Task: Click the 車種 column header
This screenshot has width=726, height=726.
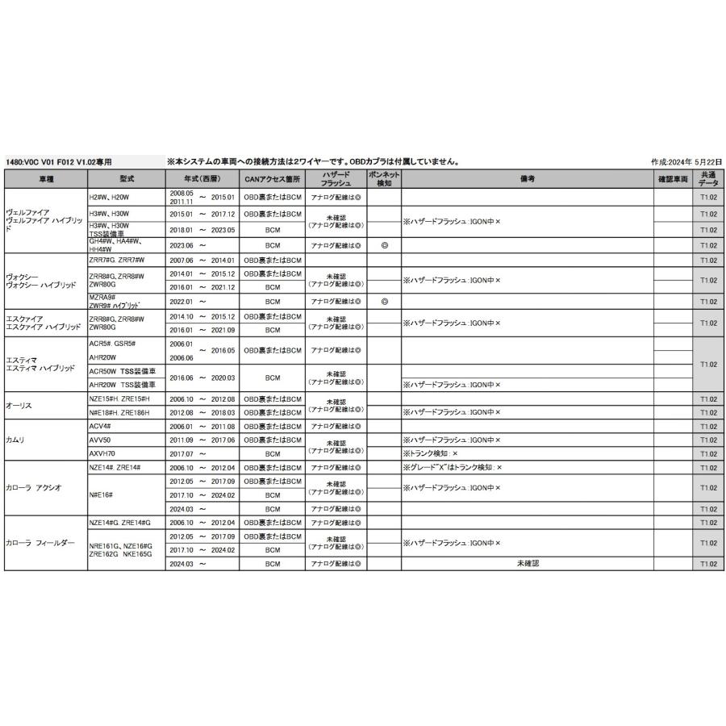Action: (x=45, y=179)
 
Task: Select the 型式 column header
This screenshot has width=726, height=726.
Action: (x=126, y=179)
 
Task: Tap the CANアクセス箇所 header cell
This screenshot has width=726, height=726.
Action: (x=272, y=179)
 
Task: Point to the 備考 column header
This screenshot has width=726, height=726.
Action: (x=527, y=179)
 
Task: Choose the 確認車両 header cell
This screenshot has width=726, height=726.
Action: (x=672, y=179)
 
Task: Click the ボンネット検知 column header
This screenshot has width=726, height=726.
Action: (x=384, y=179)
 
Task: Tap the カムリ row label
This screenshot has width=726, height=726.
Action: (x=16, y=440)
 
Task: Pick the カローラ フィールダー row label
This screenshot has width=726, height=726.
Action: (x=40, y=544)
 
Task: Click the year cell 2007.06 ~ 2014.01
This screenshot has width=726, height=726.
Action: (x=202, y=261)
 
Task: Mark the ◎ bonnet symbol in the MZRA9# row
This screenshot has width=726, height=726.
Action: (x=384, y=302)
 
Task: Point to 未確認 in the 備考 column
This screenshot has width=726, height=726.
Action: (x=527, y=564)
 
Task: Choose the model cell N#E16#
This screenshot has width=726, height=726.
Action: (x=101, y=494)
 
